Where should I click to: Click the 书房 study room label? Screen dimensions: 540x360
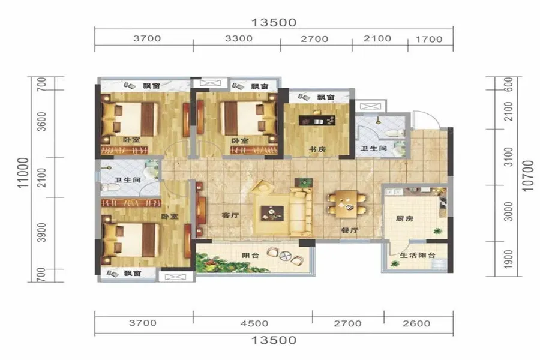(x=317, y=149)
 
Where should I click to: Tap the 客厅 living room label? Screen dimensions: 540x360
(x=230, y=215)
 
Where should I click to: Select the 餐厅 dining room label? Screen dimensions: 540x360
(x=350, y=230)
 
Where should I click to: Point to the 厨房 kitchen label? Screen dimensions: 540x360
(x=404, y=218)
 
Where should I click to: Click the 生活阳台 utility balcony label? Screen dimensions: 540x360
(x=418, y=255)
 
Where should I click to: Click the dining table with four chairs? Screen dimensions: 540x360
(x=346, y=204)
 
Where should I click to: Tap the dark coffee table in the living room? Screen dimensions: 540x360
(x=272, y=213)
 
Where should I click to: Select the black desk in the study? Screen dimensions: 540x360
(x=317, y=121)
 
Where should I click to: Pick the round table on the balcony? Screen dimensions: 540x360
(x=286, y=256)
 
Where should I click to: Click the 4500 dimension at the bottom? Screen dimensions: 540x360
(x=254, y=323)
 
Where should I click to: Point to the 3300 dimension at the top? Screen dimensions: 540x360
(x=239, y=38)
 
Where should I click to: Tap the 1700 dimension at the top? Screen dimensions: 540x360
(x=429, y=39)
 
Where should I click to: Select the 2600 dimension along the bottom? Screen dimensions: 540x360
(x=416, y=323)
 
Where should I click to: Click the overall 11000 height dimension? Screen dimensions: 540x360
(x=23, y=173)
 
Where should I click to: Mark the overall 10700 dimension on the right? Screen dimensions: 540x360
(x=528, y=176)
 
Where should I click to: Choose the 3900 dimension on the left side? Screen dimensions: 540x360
(x=41, y=233)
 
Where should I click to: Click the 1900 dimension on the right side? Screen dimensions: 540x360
(x=508, y=259)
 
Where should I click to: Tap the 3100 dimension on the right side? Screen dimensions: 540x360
(x=508, y=157)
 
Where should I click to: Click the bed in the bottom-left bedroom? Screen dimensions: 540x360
(x=131, y=240)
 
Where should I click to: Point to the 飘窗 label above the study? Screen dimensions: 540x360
(x=326, y=97)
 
